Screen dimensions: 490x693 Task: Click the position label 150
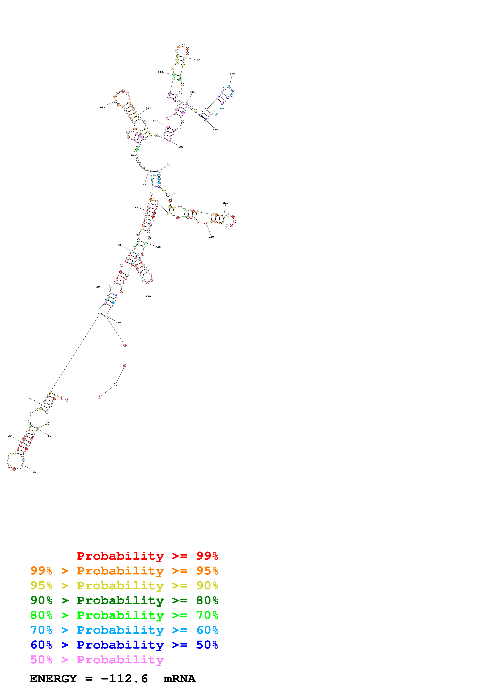click(197, 60)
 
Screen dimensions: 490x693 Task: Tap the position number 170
click(232, 74)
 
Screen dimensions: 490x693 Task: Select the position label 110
click(103, 107)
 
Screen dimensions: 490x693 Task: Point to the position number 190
click(181, 147)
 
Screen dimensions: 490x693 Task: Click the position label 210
click(226, 203)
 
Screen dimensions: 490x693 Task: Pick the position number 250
click(148, 296)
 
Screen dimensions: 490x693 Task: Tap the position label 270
click(118, 323)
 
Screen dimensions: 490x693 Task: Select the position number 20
click(35, 472)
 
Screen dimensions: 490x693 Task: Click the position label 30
click(10, 436)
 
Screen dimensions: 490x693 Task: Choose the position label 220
click(211, 237)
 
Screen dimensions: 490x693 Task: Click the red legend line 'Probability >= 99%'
click(147, 556)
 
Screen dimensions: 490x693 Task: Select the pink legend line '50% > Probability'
click(97, 659)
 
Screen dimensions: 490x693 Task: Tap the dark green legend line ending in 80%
click(124, 600)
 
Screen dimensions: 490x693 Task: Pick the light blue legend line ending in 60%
click(124, 630)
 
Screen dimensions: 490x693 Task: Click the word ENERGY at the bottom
click(53, 679)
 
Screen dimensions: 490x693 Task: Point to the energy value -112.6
click(124, 679)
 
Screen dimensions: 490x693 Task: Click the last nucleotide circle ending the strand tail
click(99, 397)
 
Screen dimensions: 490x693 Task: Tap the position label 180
click(215, 129)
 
